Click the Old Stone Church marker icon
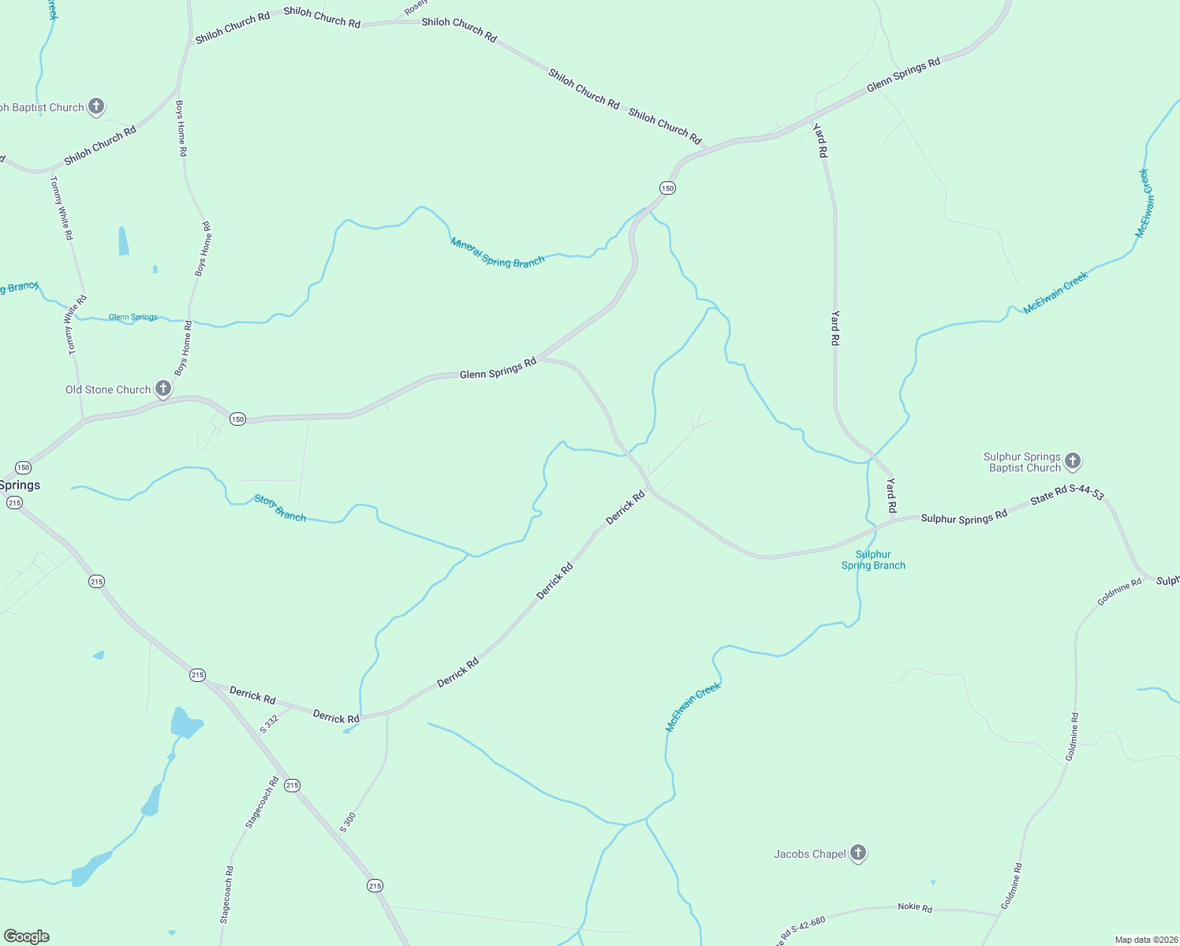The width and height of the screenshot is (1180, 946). [163, 388]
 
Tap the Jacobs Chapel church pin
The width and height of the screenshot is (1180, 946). [858, 852]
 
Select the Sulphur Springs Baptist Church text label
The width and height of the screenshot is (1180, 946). [1021, 462]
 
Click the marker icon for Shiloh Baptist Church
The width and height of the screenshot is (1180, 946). [96, 106]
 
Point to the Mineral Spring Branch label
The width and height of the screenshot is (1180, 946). [497, 252]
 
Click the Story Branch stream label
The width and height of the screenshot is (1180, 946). [280, 508]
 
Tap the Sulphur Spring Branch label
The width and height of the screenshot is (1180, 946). [873, 560]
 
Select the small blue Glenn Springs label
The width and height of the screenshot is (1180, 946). [133, 317]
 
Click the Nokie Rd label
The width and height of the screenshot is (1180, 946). [915, 907]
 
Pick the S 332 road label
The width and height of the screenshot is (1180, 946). [270, 724]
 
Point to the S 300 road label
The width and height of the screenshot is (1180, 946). [348, 822]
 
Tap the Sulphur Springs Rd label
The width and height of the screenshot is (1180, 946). [964, 517]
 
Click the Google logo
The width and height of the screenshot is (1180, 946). [27, 937]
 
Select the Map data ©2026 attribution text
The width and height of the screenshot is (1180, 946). [1145, 940]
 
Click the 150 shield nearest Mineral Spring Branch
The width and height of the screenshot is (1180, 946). [667, 188]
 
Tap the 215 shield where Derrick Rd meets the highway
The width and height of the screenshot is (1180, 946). [197, 675]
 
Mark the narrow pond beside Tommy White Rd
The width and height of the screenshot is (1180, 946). [123, 241]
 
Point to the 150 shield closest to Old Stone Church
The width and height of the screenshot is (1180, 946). [237, 419]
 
